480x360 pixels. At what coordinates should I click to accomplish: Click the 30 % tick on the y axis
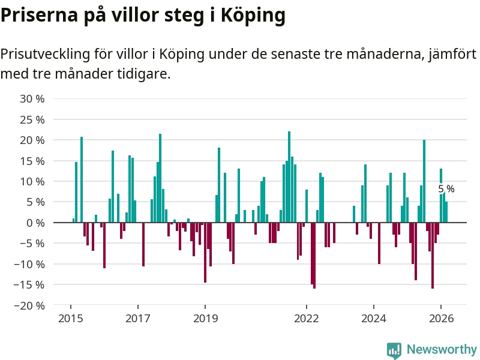32,98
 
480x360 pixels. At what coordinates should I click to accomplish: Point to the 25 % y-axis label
32,119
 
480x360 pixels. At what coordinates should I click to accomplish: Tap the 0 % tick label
35,223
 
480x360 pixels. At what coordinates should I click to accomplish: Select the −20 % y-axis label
30,305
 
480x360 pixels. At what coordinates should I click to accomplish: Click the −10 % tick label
30,264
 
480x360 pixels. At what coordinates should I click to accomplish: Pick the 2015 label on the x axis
70,318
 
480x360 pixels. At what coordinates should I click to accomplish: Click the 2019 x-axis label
205,318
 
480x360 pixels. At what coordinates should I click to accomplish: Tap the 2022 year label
306,318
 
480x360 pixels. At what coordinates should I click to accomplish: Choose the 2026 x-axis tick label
441,318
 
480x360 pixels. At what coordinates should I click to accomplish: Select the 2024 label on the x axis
373,318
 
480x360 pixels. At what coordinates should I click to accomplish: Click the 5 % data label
446,189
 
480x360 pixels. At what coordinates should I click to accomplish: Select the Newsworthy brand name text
441,349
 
